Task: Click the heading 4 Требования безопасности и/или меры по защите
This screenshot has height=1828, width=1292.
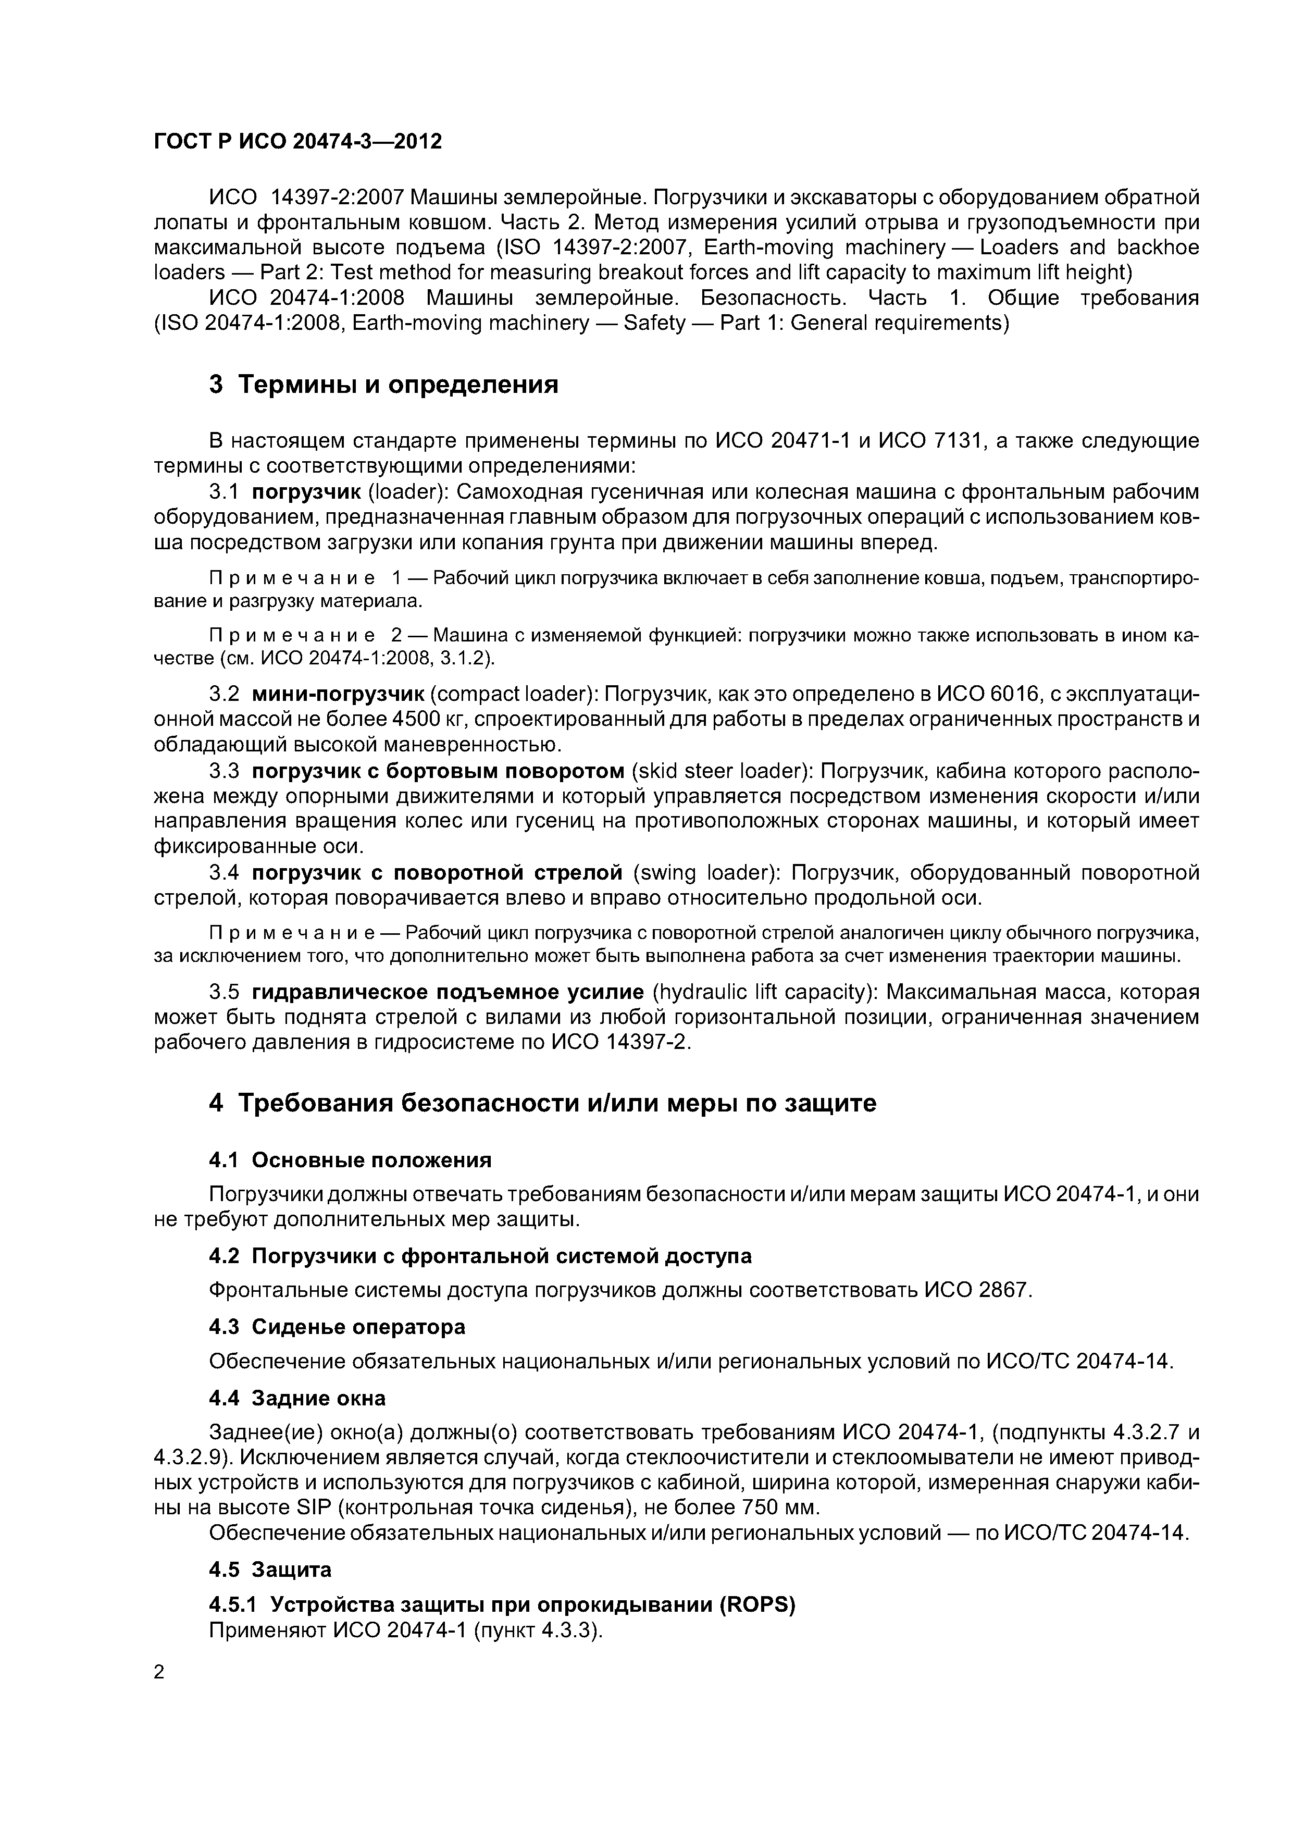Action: pos(542,1103)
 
